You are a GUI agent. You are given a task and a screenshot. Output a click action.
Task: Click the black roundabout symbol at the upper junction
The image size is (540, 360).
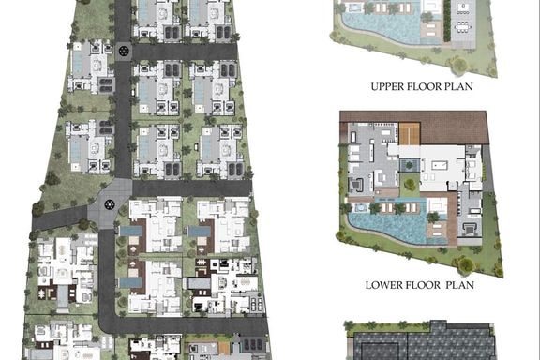coord(124,51)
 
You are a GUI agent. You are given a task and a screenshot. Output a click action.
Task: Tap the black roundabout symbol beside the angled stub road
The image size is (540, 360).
coord(110,204)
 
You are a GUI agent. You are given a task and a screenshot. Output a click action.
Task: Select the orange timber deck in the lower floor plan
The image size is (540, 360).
coord(409,134)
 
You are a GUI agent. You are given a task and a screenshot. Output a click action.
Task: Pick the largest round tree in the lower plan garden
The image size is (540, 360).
coord(465,265)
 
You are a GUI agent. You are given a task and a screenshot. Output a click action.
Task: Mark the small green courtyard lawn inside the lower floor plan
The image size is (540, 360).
coord(410,185)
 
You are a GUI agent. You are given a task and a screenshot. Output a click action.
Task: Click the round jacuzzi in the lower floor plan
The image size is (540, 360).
coord(360,207)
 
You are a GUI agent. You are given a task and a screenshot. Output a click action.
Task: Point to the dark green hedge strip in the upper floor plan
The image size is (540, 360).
coord(446,21)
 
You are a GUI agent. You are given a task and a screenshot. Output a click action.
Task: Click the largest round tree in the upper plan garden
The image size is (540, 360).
coord(458,65)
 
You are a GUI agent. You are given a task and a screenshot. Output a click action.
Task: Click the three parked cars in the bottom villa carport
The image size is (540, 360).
coord(253,344)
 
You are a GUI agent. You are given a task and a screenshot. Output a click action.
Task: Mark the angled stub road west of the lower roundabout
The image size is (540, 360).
coord(60,217)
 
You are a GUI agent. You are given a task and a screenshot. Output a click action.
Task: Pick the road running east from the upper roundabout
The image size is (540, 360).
coord(185,52)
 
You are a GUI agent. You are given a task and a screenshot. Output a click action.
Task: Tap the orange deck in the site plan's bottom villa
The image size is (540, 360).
coord(223,349)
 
